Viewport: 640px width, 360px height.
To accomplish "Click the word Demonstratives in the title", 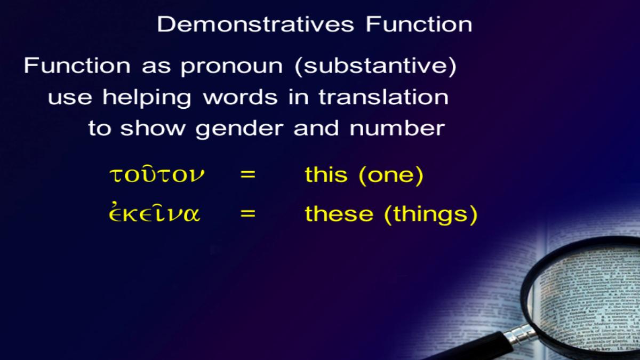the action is (x=255, y=25).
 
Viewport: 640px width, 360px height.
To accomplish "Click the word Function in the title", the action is (x=419, y=25).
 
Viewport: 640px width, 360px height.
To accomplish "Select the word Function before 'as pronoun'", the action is (x=77, y=66).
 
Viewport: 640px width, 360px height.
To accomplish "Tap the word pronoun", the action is (x=231, y=67).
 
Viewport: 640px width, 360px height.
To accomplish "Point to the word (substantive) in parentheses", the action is (x=375, y=66).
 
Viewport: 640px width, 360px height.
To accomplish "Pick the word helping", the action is (x=147, y=98).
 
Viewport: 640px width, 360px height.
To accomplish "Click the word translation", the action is (x=383, y=97).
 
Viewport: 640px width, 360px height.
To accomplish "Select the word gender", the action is (x=239, y=130).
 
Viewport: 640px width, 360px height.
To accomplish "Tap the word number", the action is (x=397, y=128).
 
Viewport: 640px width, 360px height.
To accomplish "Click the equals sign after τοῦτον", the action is (x=247, y=174).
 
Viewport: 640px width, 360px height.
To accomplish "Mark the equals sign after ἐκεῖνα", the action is (x=247, y=213).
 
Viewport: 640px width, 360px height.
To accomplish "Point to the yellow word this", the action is (x=326, y=174).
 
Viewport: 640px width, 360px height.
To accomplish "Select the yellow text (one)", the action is (x=391, y=175).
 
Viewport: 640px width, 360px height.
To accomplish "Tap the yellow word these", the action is (x=339, y=213).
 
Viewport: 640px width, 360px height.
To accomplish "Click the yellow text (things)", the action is (x=431, y=214).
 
